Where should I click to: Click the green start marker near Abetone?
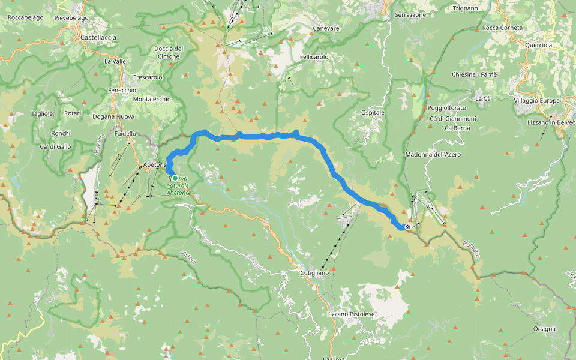point(175,178)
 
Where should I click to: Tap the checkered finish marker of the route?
point(408,227)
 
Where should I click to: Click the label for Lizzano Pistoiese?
point(351,314)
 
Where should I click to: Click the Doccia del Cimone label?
point(168,52)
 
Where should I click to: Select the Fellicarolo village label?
point(314,56)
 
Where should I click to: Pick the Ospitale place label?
point(373,112)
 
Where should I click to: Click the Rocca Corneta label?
point(502,28)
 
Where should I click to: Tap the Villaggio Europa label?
point(536,100)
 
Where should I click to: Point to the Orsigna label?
point(544,329)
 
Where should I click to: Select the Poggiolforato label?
point(446,108)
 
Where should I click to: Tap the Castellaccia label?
point(98,37)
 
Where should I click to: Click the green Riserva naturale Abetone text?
point(178,186)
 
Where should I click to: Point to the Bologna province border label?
point(472,250)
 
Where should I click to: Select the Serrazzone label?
point(410,14)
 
